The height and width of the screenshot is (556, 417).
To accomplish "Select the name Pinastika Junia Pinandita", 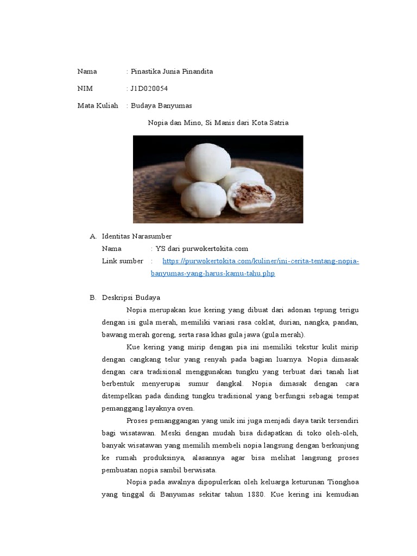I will [x=172, y=71].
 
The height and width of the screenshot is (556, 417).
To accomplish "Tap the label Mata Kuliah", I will [x=98, y=105].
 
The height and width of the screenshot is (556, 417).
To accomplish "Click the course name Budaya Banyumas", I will [x=161, y=105].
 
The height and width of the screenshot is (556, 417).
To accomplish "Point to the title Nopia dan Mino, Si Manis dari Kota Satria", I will [x=218, y=123].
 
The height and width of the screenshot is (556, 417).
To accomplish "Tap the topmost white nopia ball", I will [x=207, y=162].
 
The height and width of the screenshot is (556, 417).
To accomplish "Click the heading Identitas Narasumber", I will [x=137, y=236].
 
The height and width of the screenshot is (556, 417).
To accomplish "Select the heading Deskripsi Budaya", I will [x=131, y=298].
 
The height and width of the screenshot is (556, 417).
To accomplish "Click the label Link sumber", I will [x=123, y=261].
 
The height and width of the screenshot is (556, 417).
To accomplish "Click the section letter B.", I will [x=92, y=298].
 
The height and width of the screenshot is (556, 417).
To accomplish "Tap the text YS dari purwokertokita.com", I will [x=201, y=249].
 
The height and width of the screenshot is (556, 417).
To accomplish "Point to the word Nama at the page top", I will [x=87, y=71].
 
